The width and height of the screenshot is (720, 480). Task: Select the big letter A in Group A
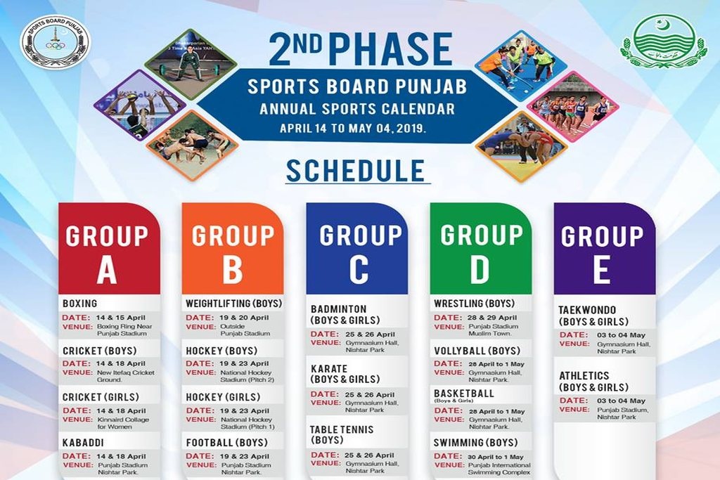[x=107, y=269]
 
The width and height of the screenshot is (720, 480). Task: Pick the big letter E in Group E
[x=602, y=269]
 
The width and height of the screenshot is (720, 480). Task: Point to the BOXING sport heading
[x=80, y=304]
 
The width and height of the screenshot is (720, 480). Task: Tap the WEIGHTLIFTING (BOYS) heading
[x=233, y=304]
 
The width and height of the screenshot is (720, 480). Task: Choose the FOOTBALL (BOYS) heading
[x=227, y=443]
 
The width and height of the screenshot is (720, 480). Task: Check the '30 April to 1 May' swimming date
[x=496, y=457]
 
